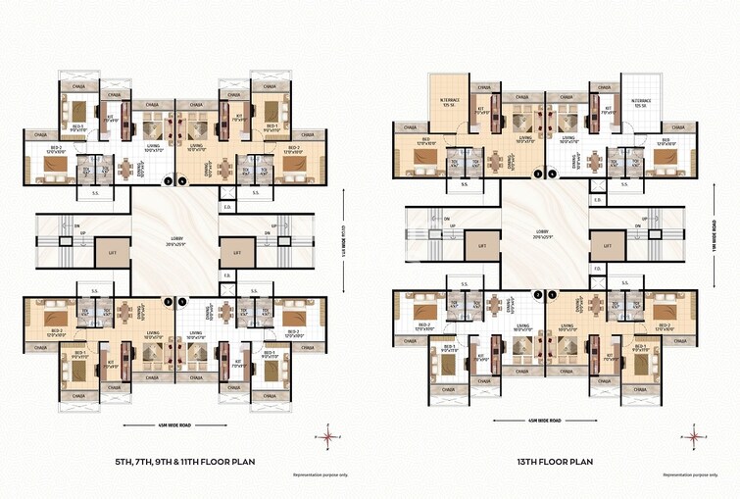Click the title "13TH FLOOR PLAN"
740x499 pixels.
(x=557, y=460)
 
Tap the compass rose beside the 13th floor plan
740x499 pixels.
(x=694, y=435)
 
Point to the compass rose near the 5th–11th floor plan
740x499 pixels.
(x=326, y=435)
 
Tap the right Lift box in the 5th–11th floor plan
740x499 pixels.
(x=235, y=253)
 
